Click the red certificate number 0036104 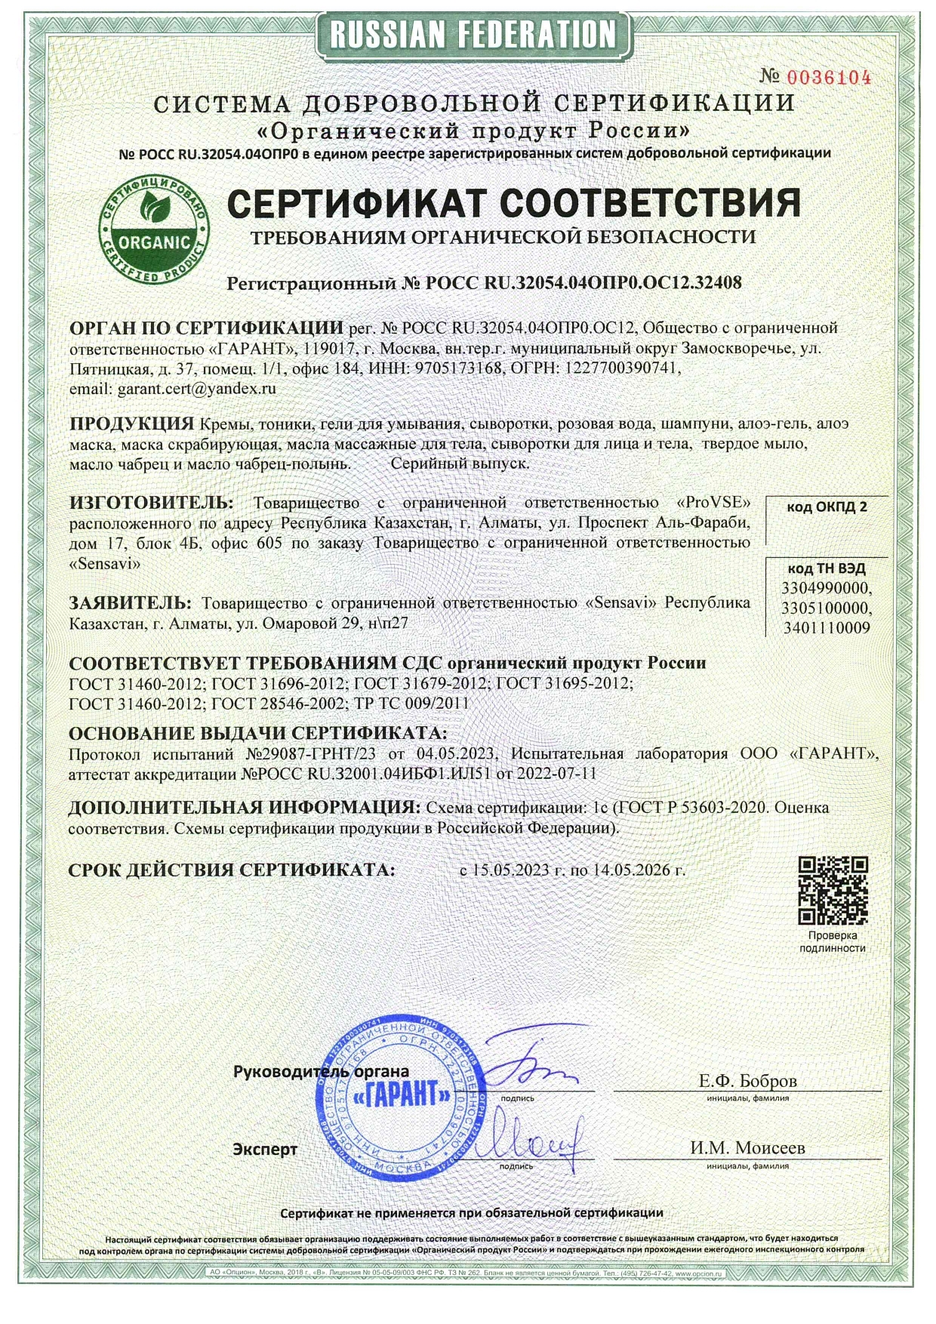[829, 77]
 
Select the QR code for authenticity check [833, 890]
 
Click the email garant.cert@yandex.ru [197, 389]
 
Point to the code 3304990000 [827, 588]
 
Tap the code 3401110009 [827, 627]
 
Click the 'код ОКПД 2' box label [827, 507]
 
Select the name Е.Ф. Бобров [747, 1080]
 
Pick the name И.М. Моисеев [747, 1147]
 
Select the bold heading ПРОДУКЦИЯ [132, 423]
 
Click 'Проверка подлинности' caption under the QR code [833, 941]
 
